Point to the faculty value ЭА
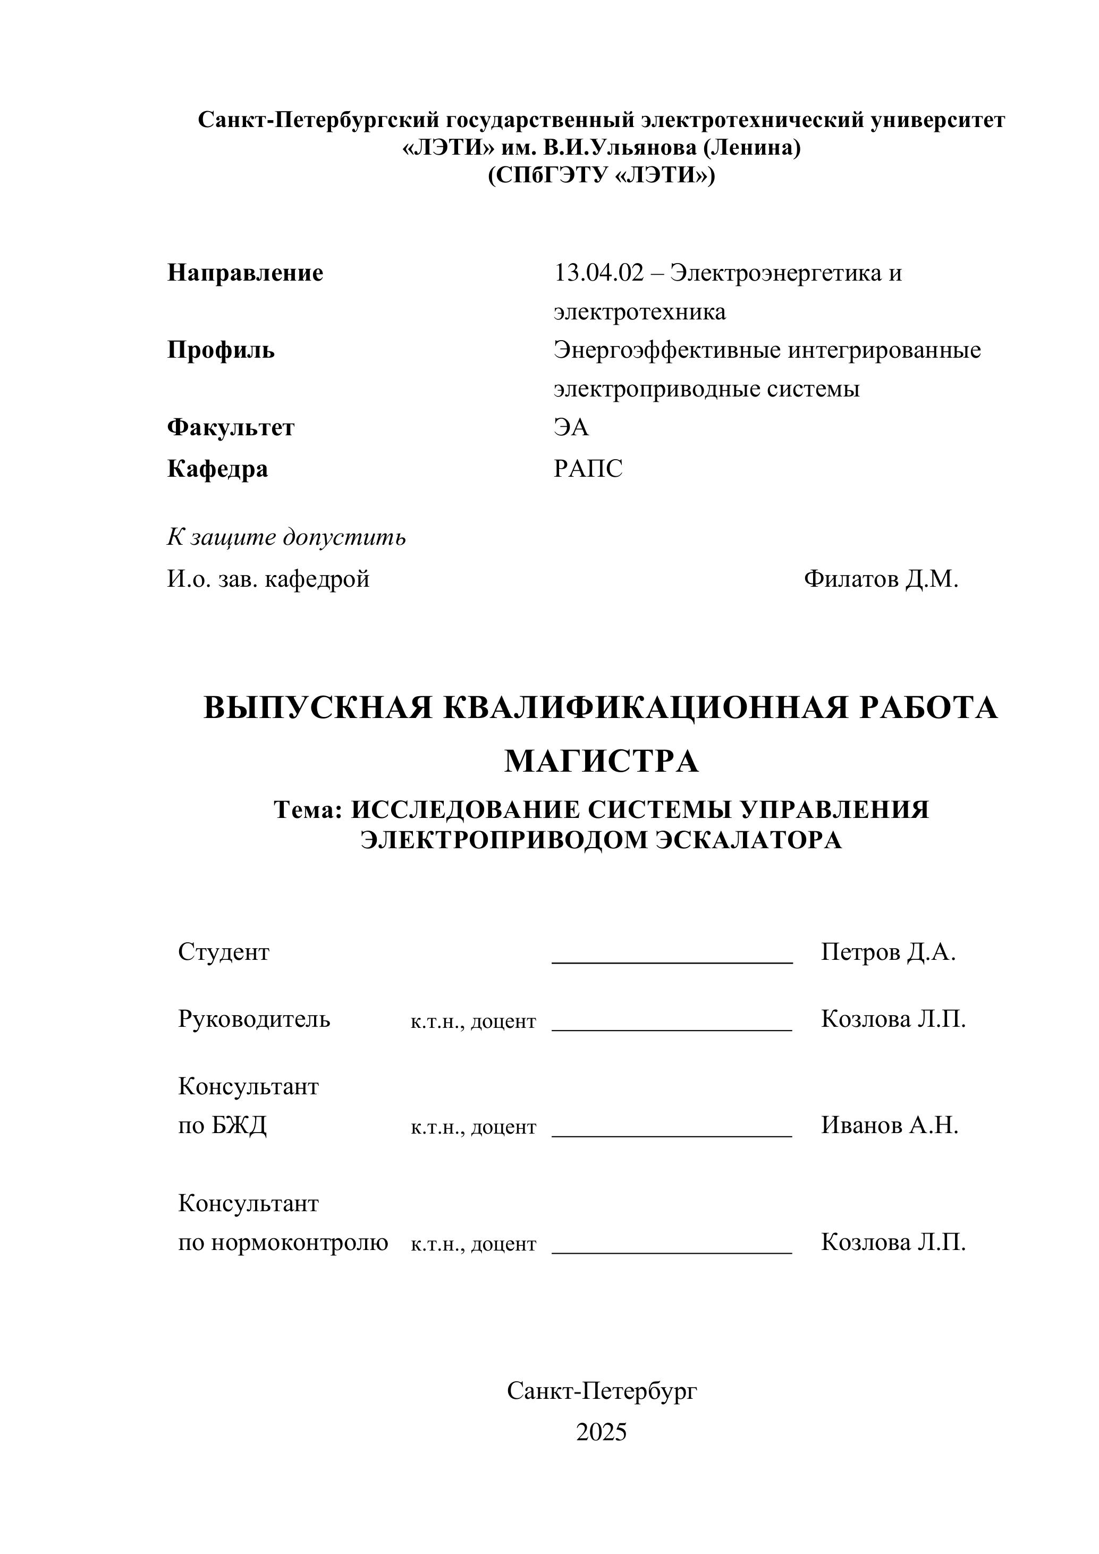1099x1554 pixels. click(x=571, y=427)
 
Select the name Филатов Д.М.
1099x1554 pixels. click(x=881, y=579)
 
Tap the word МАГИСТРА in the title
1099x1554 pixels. click(x=601, y=762)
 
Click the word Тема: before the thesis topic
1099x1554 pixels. click(x=309, y=809)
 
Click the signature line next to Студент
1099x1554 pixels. click(x=672, y=960)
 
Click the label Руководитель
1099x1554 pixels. click(x=254, y=1019)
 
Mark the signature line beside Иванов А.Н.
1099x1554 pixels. click(x=672, y=1135)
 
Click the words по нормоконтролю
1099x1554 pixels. click(x=283, y=1243)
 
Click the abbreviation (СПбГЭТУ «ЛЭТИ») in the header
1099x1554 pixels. click(x=601, y=175)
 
